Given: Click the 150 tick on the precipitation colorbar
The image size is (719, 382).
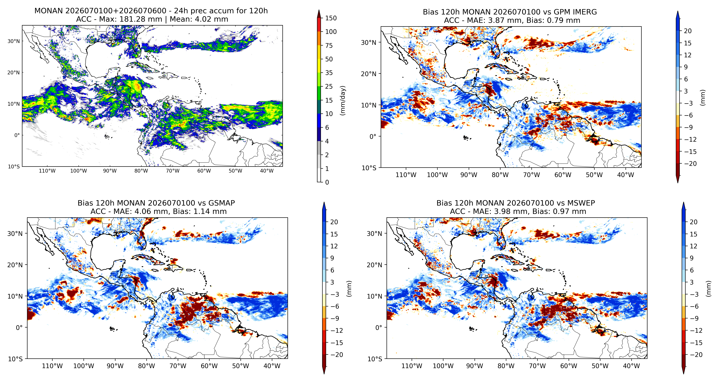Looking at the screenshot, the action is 331,18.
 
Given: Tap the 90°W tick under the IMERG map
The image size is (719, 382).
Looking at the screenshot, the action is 469,175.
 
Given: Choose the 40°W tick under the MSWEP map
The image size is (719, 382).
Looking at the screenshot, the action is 631,366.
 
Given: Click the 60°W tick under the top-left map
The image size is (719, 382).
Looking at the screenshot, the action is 204,171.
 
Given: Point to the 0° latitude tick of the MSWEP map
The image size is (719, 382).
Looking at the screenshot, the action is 379,327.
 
